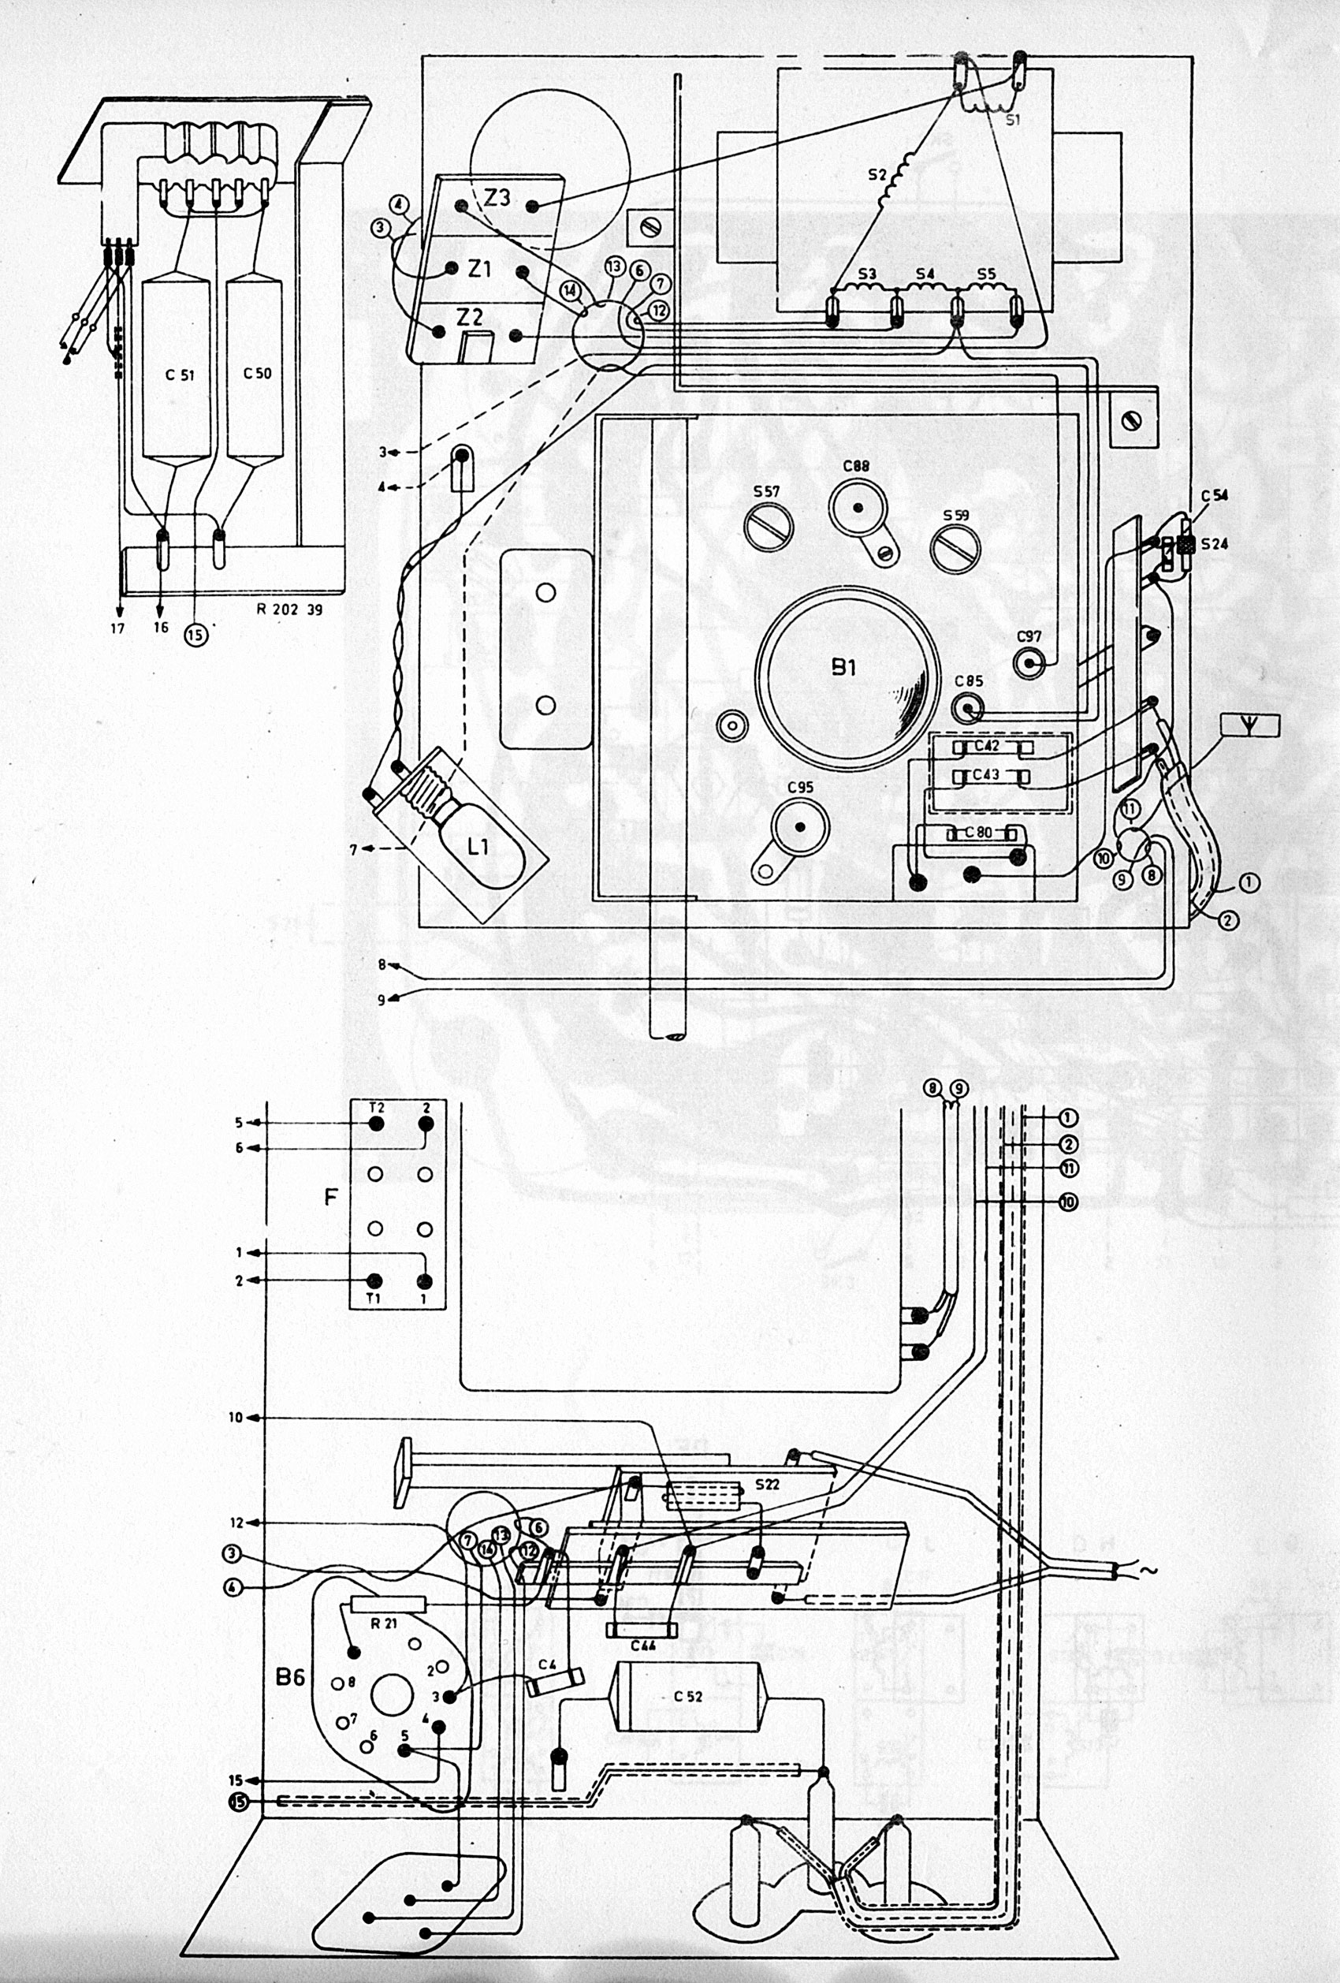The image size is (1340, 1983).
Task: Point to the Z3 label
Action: [497, 197]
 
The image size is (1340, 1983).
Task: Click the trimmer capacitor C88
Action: [858, 509]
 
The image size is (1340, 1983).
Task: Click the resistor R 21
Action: [389, 1605]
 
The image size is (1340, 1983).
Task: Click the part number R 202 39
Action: [289, 609]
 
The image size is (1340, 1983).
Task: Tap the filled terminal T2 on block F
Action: [374, 1123]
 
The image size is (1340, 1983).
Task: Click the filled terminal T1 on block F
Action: [374, 1280]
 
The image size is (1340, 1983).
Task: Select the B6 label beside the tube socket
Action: [290, 1678]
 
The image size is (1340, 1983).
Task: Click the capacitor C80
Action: [979, 833]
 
